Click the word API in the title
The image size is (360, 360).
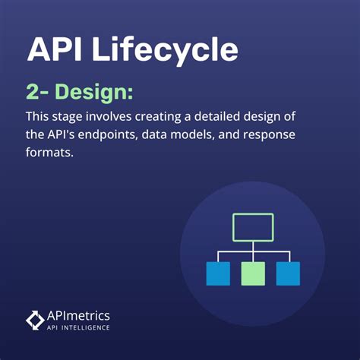56,50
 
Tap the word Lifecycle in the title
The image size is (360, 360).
165,50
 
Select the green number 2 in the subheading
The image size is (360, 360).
35,93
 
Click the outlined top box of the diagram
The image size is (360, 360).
252,227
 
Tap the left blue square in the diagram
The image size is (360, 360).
218,273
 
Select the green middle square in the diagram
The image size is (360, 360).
253,273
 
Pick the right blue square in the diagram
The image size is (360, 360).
288,273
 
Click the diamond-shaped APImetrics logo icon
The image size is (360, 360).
35,320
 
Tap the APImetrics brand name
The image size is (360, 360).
78,315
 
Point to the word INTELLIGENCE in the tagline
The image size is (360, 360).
86,327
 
